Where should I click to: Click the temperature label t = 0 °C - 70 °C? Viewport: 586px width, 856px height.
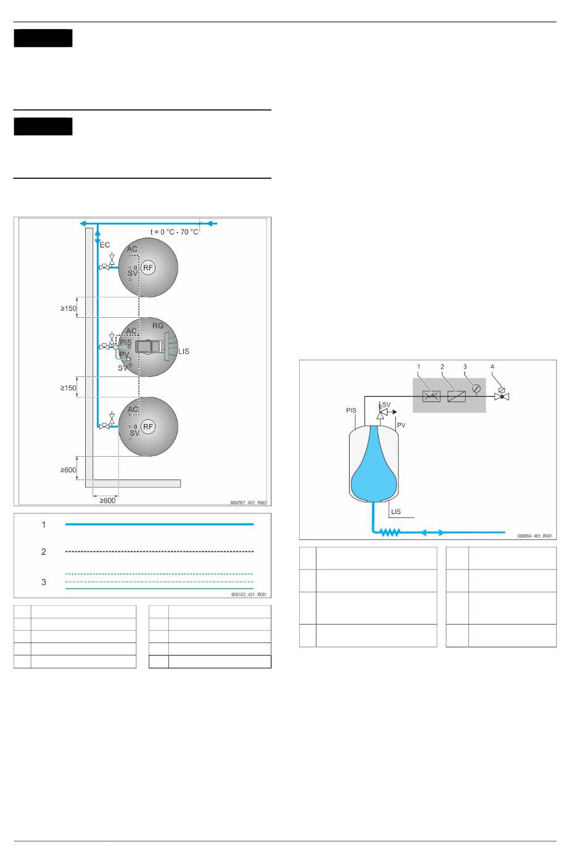tap(174, 232)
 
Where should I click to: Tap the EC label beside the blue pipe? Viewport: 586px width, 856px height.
tap(105, 245)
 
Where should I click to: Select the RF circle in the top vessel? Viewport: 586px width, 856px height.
tap(148, 268)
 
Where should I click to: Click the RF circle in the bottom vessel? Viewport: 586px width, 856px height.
tap(148, 427)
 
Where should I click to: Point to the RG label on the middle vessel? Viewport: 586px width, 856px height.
tap(158, 326)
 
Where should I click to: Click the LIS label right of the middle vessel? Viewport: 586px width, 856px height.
tap(184, 352)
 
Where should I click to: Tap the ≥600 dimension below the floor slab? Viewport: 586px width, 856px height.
tap(107, 501)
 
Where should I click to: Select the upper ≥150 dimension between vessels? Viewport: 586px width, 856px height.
tap(68, 309)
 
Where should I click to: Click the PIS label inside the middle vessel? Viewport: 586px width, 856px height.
tap(126, 342)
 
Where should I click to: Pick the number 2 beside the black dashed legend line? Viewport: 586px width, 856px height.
tap(44, 552)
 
